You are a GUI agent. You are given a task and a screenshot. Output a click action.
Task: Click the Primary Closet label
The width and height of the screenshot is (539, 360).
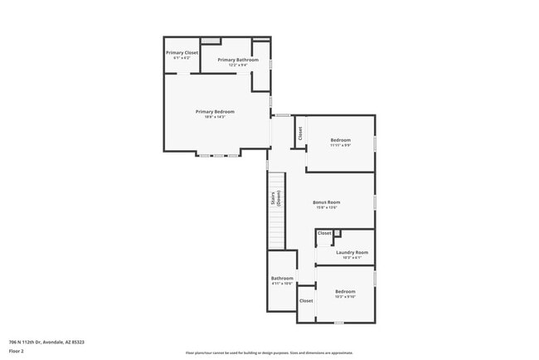pyautogui.click(x=182, y=52)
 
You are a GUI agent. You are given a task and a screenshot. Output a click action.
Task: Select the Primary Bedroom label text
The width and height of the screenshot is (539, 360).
pyautogui.click(x=215, y=112)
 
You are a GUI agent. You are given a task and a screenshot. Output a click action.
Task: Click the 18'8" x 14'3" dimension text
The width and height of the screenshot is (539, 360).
pyautogui.click(x=215, y=117)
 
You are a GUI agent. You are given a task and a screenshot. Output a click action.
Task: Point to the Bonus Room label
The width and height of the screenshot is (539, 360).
pyautogui.click(x=327, y=202)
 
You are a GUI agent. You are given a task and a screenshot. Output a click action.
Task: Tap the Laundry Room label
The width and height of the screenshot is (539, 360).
pyautogui.click(x=352, y=252)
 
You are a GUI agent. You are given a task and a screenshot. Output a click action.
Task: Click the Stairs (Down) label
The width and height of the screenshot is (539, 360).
pyautogui.click(x=274, y=198)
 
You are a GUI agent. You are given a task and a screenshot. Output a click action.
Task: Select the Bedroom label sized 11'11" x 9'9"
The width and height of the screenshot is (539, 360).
pyautogui.click(x=341, y=140)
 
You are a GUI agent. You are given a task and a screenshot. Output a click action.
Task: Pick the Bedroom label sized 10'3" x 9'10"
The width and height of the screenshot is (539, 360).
pyautogui.click(x=345, y=291)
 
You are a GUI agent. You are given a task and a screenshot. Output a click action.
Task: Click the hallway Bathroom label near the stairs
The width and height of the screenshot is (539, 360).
pyautogui.click(x=282, y=278)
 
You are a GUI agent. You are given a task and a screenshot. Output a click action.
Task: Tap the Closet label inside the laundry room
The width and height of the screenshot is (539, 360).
pyautogui.click(x=324, y=233)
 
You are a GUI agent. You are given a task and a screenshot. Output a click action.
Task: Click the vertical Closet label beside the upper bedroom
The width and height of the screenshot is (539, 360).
pyautogui.click(x=299, y=133)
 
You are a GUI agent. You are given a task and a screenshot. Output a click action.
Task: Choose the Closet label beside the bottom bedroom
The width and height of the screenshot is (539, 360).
pyautogui.click(x=306, y=300)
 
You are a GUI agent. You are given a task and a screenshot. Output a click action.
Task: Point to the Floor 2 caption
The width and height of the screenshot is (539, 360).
pyautogui.click(x=17, y=351)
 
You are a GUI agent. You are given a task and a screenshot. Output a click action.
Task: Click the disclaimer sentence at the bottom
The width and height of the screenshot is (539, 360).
pyautogui.click(x=269, y=353)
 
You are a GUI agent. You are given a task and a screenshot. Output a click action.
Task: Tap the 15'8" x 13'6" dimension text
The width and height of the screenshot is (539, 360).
pyautogui.click(x=327, y=207)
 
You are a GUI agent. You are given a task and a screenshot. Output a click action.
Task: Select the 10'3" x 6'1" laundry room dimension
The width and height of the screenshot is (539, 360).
pyautogui.click(x=352, y=257)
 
